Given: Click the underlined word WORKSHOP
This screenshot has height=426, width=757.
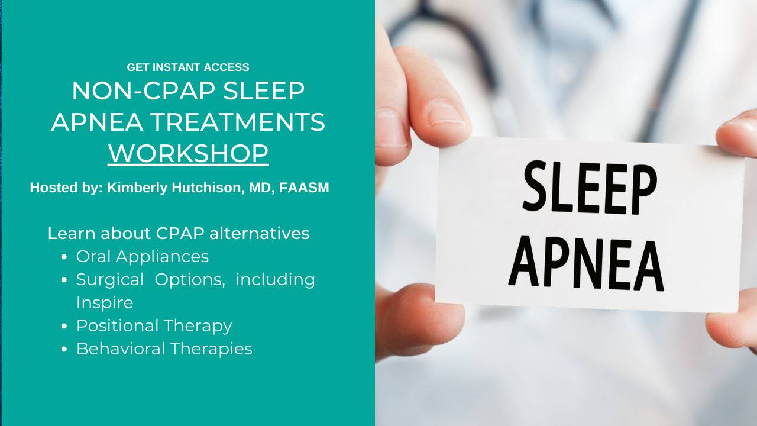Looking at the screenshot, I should (188, 153).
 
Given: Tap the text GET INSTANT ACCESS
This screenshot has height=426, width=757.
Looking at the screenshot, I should (188, 67).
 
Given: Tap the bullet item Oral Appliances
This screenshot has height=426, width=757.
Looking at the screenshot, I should (143, 257).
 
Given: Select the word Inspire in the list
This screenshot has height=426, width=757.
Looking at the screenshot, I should (105, 303).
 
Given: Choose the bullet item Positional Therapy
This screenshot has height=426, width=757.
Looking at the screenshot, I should (154, 326).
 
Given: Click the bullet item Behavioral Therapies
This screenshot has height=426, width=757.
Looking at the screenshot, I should (164, 349).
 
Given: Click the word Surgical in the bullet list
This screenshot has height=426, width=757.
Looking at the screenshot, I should (110, 280).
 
